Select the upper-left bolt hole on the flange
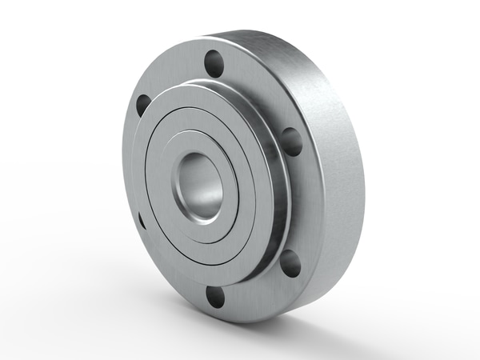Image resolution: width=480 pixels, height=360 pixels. tap(143, 104)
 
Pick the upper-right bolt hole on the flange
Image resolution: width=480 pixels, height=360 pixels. tap(292, 141)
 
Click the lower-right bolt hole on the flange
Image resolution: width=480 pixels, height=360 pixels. tap(291, 262)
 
